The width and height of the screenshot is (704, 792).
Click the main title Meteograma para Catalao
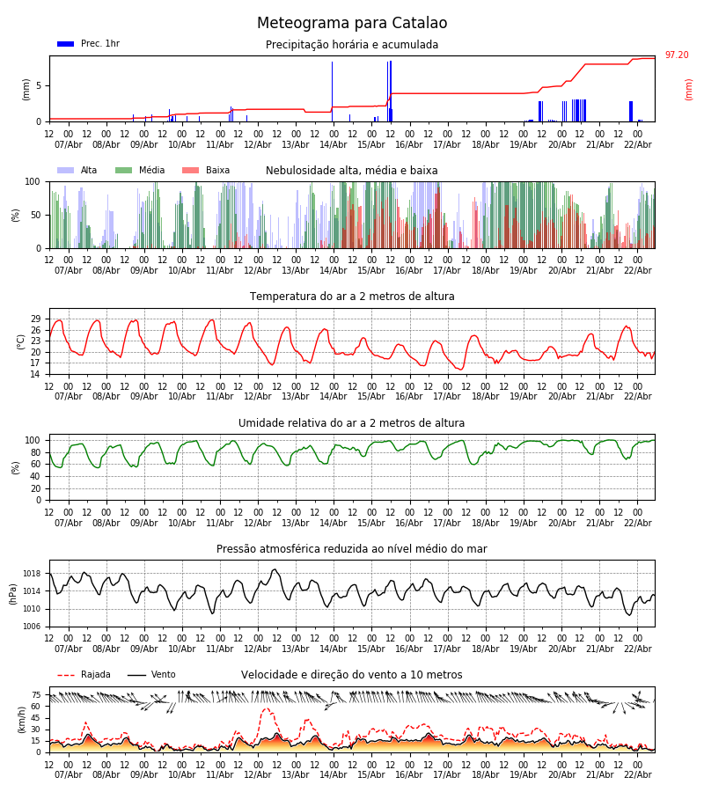352,24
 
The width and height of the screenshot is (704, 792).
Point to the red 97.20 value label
677,55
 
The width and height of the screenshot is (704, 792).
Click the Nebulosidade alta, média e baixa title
352,171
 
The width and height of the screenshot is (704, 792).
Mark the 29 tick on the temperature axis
36,319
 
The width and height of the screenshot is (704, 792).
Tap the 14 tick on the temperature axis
36,374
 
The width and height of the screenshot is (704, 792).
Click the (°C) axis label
20,341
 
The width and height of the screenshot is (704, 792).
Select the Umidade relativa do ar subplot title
352,423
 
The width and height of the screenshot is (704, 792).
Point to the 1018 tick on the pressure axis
31,574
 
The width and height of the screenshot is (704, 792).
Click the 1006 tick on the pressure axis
31,627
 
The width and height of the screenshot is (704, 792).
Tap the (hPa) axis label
14,593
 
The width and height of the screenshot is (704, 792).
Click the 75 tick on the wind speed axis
36,694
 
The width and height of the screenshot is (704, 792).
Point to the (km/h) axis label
20,719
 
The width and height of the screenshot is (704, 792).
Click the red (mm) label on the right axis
689,89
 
